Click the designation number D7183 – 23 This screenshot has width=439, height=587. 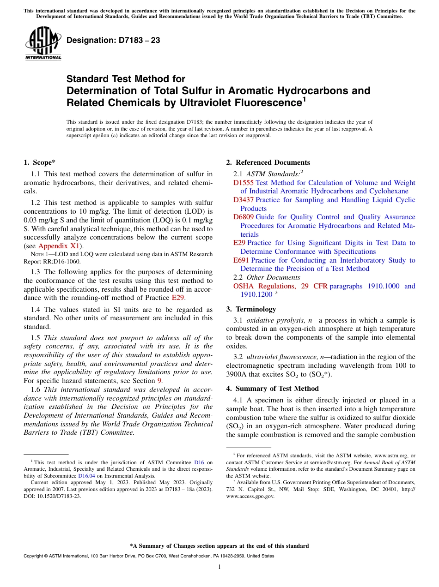(x=113, y=41)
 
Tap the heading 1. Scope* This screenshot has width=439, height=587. (x=40, y=162)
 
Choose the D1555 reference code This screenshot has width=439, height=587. (x=243, y=183)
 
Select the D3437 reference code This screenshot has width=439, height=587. (x=243, y=200)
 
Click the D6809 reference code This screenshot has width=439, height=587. (x=243, y=217)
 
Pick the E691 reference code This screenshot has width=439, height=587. (x=241, y=260)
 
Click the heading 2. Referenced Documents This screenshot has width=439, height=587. (x=268, y=162)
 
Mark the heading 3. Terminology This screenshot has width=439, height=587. (x=251, y=309)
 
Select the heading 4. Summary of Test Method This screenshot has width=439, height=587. (x=272, y=389)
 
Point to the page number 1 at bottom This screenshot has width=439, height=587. (x=219, y=567)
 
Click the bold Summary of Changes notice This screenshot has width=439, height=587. (x=219, y=546)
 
